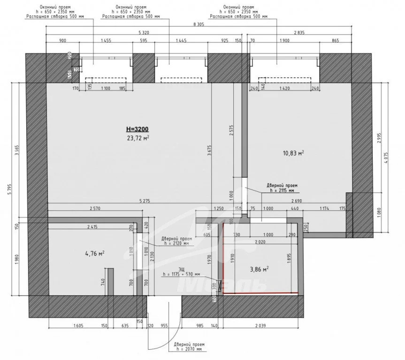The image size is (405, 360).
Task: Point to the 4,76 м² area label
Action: tap(94, 254)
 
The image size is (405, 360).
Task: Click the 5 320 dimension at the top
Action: tap(145, 33)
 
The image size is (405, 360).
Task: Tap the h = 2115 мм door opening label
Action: tap(281, 191)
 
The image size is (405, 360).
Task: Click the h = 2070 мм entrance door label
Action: tap(186, 349)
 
